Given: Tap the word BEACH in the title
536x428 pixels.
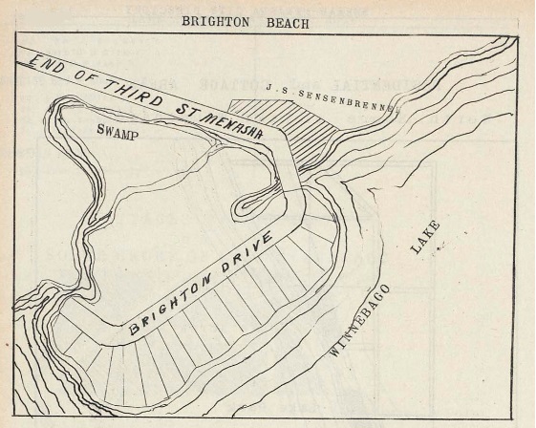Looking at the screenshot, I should (284, 23).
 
